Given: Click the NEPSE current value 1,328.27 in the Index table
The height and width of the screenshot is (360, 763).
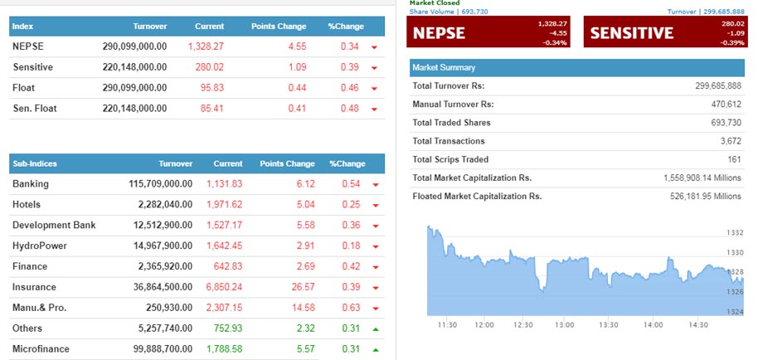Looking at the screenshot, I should pos(207,46).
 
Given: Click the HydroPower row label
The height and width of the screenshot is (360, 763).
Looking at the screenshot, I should pos(40,246).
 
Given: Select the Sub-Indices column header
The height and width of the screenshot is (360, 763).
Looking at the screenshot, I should pos(35,164).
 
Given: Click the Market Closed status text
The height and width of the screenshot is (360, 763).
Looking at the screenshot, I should pos(435,3).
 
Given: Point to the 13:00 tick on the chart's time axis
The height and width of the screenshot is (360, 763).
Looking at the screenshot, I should pos(564,325).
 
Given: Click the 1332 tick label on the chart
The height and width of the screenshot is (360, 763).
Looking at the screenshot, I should pos(734,233).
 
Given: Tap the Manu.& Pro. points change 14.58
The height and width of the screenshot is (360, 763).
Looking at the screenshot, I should pos(300,308).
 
